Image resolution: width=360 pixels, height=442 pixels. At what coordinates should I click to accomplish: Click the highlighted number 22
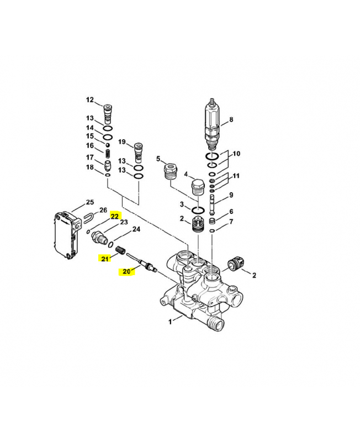coord(115,216)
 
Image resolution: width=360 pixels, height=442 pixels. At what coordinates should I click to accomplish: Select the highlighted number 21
coord(105,258)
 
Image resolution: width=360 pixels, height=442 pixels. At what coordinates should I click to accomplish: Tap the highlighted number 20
coord(126,271)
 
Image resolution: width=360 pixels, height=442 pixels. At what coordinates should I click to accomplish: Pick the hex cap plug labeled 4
coord(197,188)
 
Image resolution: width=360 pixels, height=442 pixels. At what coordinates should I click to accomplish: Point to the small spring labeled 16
coord(108,149)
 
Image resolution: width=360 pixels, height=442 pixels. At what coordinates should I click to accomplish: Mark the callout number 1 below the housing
coord(170,320)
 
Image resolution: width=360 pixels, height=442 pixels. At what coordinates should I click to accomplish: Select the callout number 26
coord(103,211)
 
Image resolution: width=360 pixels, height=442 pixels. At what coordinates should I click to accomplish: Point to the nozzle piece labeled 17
coord(108,164)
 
